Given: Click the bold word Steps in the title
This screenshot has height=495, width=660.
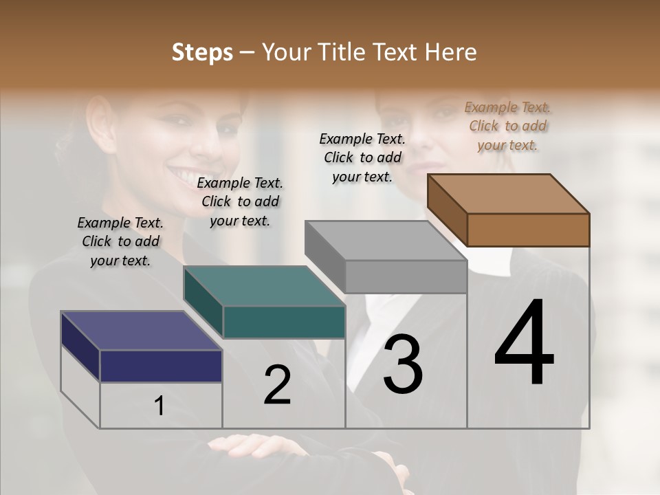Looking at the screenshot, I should pos(201,52).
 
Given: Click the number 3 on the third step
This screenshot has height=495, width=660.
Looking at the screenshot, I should pos(403,364).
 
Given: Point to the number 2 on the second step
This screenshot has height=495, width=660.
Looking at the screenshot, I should pos(278,386).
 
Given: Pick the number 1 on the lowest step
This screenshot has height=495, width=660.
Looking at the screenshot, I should pos(159,406).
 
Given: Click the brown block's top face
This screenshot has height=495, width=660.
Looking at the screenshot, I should pos(509,193).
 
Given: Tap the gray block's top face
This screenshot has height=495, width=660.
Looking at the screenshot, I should pos(386,240).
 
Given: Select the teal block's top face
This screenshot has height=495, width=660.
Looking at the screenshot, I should pos(264,285).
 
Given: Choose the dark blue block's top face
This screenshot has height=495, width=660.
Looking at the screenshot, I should pos(141,331).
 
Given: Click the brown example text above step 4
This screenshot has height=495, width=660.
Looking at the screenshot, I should pos(507,126).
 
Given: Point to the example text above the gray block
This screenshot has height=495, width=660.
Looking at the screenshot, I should pos(362,157).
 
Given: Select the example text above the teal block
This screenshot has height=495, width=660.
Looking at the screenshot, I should pos(240,201).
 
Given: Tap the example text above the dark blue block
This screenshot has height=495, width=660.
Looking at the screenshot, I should pos(120,241).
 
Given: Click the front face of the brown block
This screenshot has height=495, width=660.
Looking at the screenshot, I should pos(528,230).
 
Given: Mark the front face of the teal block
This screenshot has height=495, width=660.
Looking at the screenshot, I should pos(284,322).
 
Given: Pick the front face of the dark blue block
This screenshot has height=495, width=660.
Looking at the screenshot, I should pos(161,366).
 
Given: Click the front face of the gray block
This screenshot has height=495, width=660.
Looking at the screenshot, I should pos(406,277).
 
